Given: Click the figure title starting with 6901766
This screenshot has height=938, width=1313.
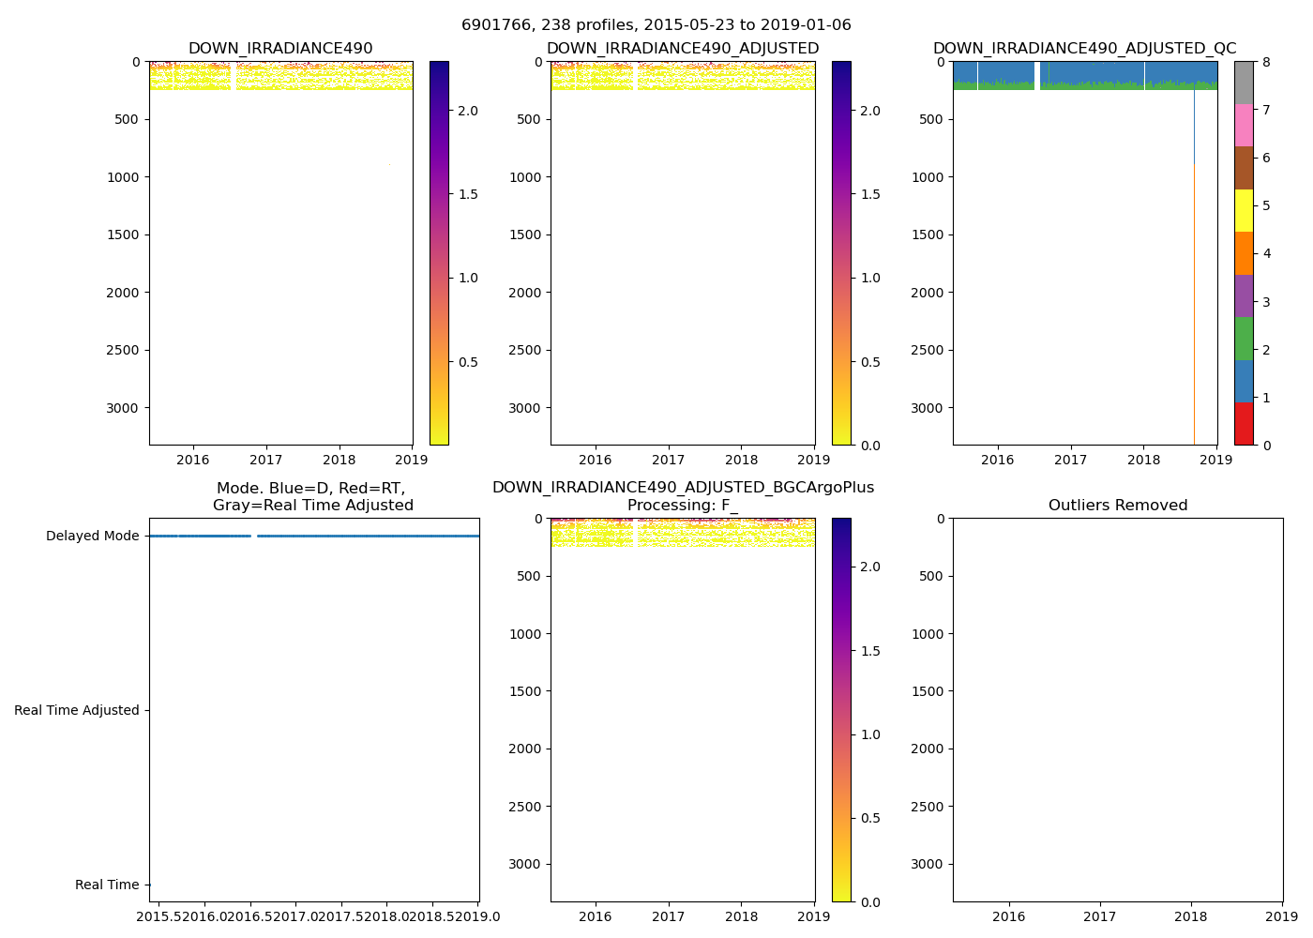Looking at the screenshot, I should point(656,25).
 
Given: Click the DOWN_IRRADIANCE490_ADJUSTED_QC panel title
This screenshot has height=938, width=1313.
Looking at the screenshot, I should point(1084,49).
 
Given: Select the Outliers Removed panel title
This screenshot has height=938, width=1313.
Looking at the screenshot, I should point(1117,506).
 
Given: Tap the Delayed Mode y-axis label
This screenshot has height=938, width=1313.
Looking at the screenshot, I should point(92,537).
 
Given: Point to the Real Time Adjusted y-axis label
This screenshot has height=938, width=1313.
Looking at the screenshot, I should point(76,711).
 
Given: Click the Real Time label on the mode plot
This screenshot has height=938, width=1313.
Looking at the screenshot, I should point(106,885).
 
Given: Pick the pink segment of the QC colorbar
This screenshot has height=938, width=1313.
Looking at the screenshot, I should point(1244,126).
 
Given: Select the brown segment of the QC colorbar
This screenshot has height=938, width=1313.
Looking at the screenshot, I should point(1244,168).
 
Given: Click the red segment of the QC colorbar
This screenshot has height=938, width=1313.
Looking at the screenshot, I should point(1244,424).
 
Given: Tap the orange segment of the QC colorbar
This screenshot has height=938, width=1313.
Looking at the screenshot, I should point(1244,253).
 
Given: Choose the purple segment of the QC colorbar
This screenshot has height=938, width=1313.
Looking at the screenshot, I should point(1244,296).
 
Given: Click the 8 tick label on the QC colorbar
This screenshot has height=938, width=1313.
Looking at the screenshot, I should point(1266,62).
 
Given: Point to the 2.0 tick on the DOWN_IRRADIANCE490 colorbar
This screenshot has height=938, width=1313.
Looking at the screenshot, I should point(467,111).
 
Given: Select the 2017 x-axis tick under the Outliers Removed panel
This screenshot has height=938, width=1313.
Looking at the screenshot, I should point(1099,916).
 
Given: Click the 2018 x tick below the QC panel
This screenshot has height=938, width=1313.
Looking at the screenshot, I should point(1143,460).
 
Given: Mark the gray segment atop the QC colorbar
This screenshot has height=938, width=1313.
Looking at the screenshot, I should point(1244,83).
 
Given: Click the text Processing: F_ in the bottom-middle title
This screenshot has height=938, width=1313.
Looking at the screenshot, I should point(682,506).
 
